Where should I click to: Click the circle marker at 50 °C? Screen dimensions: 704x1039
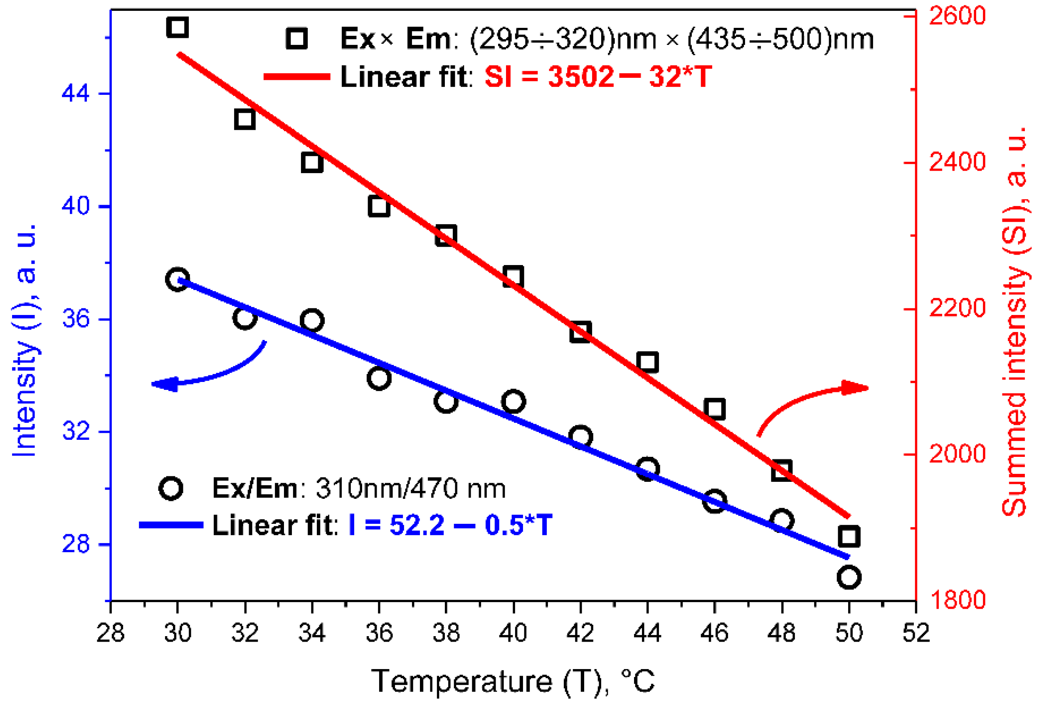coord(849,577)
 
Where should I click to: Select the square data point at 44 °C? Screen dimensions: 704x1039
coord(647,362)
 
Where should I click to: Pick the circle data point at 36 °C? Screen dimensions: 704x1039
coord(379,378)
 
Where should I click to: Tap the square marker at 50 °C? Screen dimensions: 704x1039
coord(849,536)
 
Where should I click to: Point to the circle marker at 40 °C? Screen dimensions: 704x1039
coord(513,401)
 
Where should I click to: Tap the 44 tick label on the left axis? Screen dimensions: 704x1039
coord(75,94)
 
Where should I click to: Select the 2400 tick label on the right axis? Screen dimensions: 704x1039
coord(957,162)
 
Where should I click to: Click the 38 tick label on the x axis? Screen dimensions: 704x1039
coord(446,633)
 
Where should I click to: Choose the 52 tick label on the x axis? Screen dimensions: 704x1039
coord(916,633)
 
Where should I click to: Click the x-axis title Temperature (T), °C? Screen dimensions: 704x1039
coord(513,681)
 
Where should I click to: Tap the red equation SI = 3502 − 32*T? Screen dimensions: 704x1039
coord(598,77)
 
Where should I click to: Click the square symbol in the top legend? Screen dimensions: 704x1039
coord(296,38)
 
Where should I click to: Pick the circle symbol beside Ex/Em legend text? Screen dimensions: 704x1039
coord(171,488)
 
